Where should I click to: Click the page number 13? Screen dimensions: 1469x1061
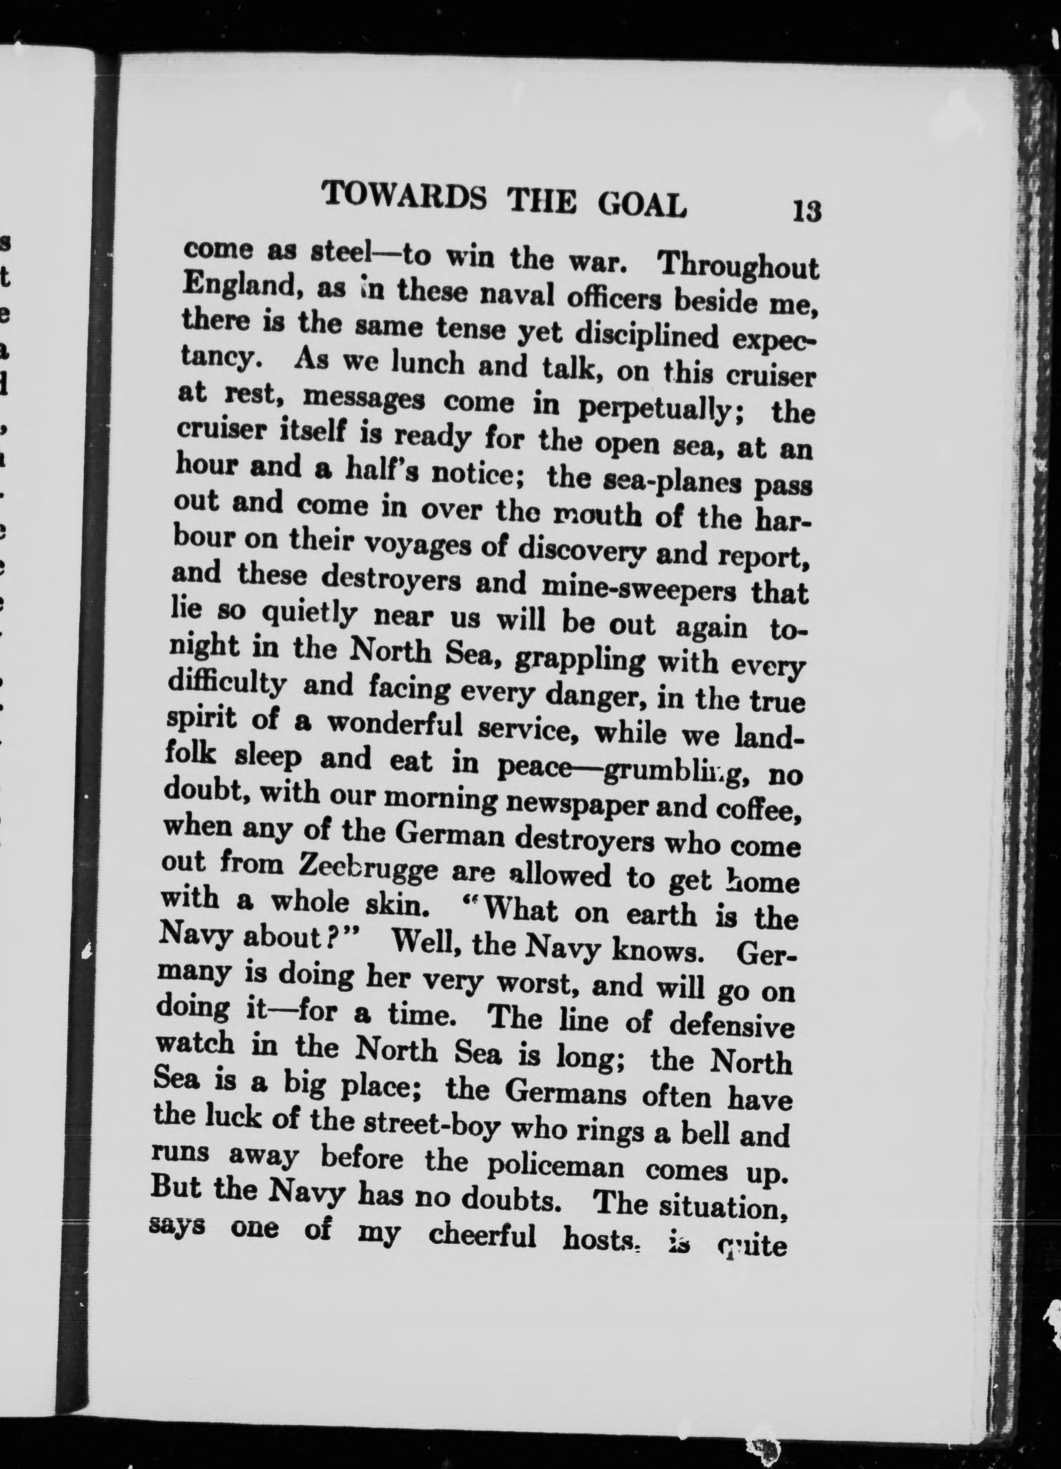click(807, 211)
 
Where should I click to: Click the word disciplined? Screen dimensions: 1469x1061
click(647, 335)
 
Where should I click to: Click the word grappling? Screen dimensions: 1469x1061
click(579, 659)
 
